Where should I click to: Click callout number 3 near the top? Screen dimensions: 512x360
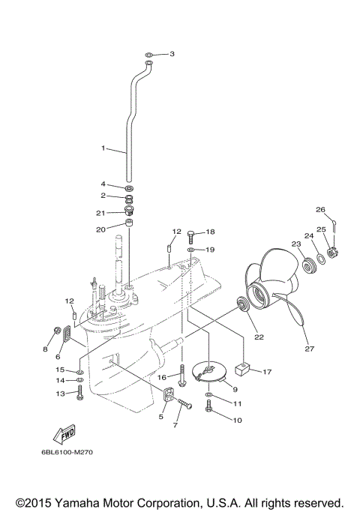tap(172, 54)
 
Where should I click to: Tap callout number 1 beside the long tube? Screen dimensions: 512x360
tap(103, 148)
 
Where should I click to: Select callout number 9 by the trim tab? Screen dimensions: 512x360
tap(235, 389)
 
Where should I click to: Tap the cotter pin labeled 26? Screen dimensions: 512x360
tap(337, 222)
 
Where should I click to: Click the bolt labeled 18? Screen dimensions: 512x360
tap(190, 234)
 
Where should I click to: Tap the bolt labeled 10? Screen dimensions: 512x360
tap(209, 407)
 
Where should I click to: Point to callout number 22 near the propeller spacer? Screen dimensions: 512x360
tap(259, 337)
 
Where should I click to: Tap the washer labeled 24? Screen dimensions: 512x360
tap(321, 259)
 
